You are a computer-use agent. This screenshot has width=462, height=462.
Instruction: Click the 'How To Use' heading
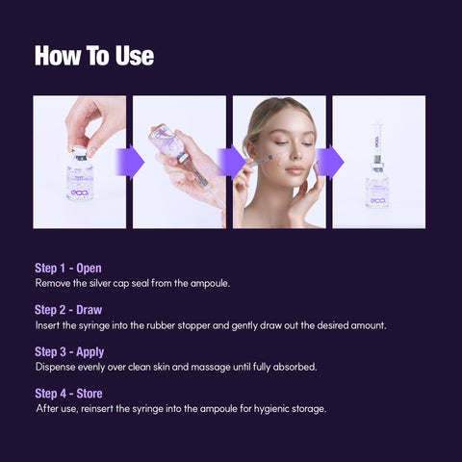pyautogui.click(x=93, y=56)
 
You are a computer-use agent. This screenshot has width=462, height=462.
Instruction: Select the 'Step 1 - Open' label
pyautogui.click(x=67, y=268)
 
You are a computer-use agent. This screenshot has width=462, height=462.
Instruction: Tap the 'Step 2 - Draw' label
pyautogui.click(x=68, y=310)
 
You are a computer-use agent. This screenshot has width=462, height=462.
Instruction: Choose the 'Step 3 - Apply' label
pyautogui.click(x=69, y=351)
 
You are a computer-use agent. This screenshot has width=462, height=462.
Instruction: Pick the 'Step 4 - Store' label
pyautogui.click(x=68, y=393)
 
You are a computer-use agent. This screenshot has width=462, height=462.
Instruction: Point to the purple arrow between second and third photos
pyautogui.click(x=231, y=162)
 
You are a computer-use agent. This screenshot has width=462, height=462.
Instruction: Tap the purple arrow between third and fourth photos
pyautogui.click(x=331, y=162)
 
